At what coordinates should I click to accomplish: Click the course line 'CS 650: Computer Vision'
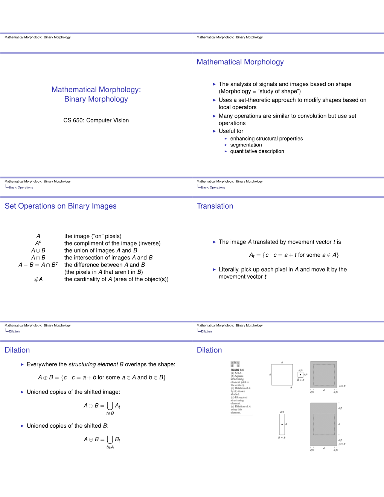click(x=96, y=120)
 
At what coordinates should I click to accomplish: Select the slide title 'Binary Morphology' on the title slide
click(x=96, y=99)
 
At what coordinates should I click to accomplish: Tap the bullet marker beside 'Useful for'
click(x=214, y=131)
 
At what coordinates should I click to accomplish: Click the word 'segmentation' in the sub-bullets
click(x=246, y=145)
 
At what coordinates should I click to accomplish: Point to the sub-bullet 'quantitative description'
click(x=257, y=151)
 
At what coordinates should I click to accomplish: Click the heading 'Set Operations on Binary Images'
click(x=61, y=206)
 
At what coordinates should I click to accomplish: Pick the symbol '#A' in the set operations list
click(x=38, y=279)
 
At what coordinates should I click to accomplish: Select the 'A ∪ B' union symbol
click(x=38, y=250)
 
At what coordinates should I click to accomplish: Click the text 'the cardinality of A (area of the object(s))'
click(x=116, y=279)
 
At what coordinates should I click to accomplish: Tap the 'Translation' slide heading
click(x=215, y=206)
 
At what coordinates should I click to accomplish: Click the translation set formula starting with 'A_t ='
click(x=294, y=255)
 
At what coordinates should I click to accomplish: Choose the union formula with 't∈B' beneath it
click(x=102, y=407)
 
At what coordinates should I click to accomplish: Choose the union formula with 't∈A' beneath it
click(x=102, y=441)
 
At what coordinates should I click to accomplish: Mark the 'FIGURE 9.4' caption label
click(x=237, y=370)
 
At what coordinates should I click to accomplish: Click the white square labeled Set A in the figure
click(x=282, y=375)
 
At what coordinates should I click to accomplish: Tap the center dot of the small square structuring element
click(x=300, y=375)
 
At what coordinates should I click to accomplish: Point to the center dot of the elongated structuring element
click(x=282, y=424)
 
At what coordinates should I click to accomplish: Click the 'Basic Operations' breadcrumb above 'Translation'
click(x=213, y=188)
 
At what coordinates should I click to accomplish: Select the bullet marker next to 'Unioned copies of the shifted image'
click(x=22, y=392)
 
